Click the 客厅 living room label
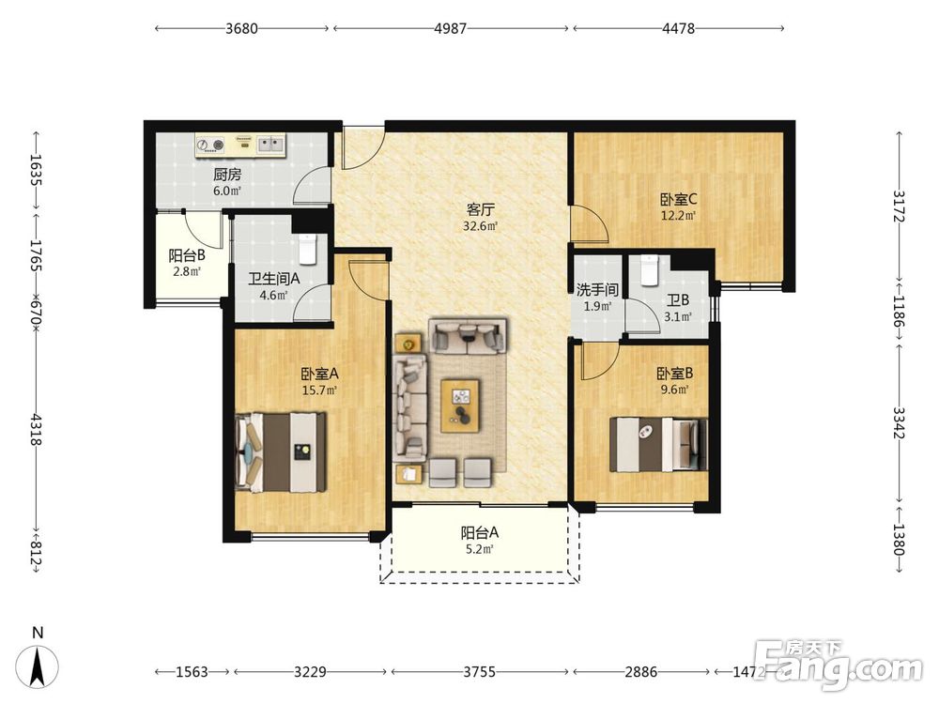pos(480,209)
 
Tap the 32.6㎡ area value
pos(480,226)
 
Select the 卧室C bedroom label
pos(679,199)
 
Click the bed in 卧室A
pos(281,452)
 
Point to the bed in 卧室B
pos(658,445)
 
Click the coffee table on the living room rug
pos(460,406)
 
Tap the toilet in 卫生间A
pos(307,249)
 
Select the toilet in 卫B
pos(649,270)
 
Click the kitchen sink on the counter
pos(271,145)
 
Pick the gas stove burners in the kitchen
pos(210,145)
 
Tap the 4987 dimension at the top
pos(450,28)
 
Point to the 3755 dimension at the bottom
pos(479,672)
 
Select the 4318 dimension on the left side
pos(37,429)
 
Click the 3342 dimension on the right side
pos(900,422)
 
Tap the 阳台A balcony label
pos(480,532)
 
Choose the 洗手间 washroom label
pos(597,290)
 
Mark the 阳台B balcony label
pos(187,255)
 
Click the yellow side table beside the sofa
pos(408,344)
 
